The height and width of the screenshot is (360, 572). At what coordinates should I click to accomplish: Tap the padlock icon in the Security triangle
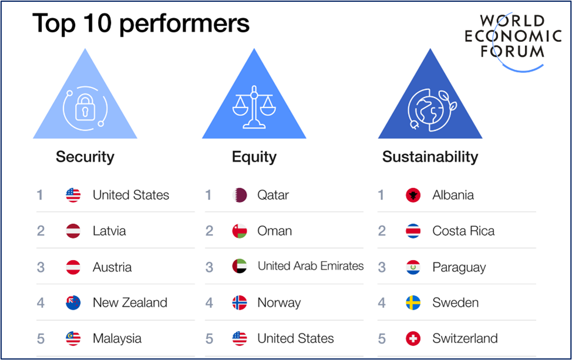pos(85,107)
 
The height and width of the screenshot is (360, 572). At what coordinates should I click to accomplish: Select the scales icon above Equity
pos(254,107)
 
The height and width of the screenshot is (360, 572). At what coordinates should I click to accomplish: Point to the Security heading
pos(85,157)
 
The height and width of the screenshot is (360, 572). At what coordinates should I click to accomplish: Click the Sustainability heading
pos(430,157)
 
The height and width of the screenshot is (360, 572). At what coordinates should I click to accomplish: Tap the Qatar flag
pos(240,195)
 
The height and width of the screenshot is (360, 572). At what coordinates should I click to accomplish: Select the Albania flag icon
pos(413,195)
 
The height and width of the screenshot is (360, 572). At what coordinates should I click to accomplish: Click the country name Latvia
pos(109,231)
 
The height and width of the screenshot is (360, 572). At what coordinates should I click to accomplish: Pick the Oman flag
pos(240,231)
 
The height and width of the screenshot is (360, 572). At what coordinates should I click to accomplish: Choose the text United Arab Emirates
pos(311,266)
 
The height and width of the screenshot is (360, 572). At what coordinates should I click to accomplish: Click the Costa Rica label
pos(464,231)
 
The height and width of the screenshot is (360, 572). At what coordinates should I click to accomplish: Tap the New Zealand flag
pos(73,302)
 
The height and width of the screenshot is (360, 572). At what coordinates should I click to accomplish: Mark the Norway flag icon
pos(240,302)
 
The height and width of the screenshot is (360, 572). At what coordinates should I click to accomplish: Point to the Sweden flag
pos(413,302)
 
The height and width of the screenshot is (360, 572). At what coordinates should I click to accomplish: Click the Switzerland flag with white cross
pos(413,338)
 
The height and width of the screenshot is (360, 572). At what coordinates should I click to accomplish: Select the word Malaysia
pos(117,338)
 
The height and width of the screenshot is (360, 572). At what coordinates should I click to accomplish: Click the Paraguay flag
pos(413,267)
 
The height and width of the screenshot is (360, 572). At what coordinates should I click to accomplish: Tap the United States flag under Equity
pos(240,338)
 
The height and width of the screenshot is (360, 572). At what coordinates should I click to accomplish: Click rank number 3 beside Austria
pos(41,267)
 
